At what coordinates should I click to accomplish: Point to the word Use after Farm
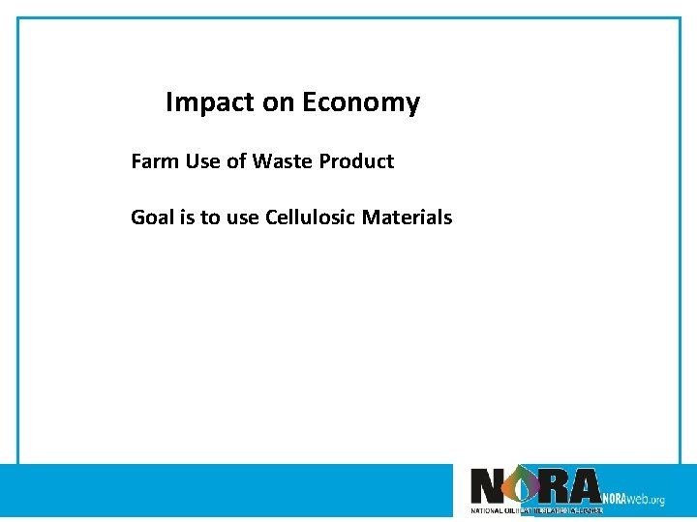pos(203,161)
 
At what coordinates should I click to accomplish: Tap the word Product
pos(356,161)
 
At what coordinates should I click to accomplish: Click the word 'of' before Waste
pos(236,161)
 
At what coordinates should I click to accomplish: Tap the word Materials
pos(407,217)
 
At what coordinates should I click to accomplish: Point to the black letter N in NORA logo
pos(487,486)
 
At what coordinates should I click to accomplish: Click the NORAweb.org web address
pos(633,499)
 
